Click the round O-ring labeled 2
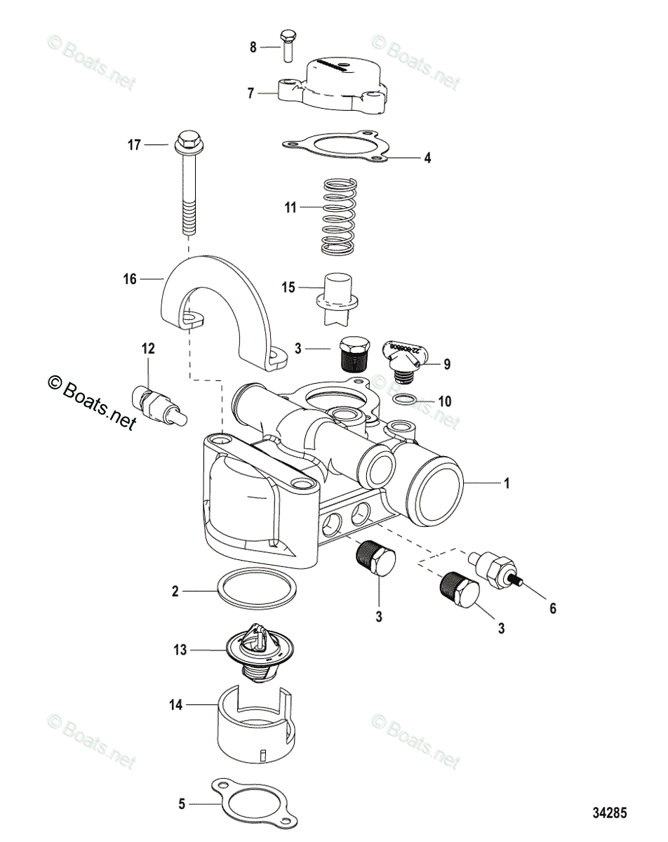coord(254,592)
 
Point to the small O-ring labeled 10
coord(407,401)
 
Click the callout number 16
coord(129,279)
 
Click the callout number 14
coord(175,704)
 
